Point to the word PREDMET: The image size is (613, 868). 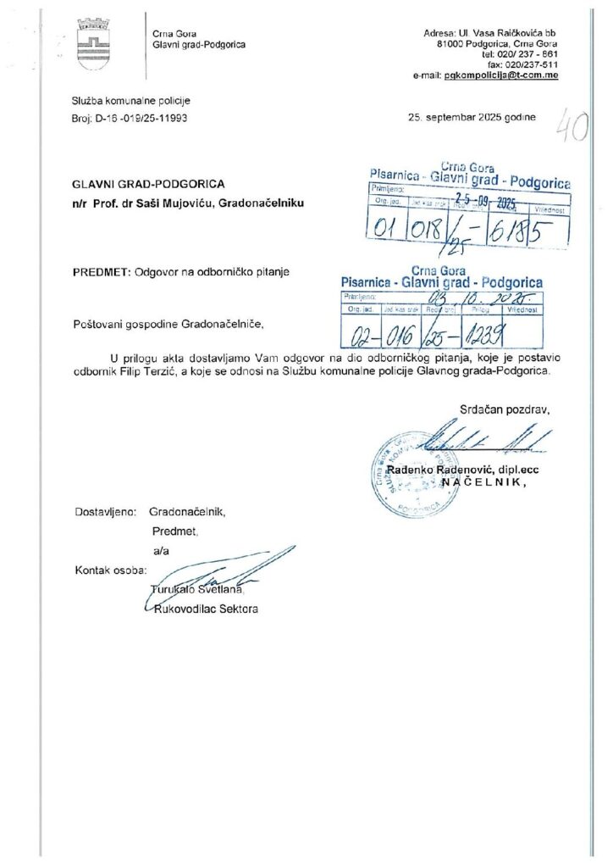97,271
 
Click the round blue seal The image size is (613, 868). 414,472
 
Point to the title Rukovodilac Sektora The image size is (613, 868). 203,609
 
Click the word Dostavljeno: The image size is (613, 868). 105,512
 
